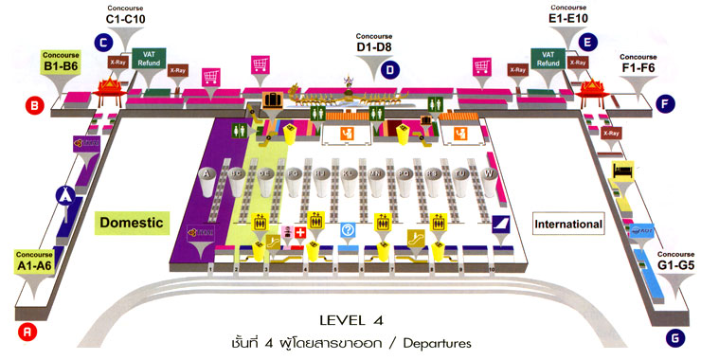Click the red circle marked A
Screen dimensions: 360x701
(x=27, y=331)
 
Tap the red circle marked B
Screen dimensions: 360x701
(x=34, y=107)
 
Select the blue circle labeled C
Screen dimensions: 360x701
(x=102, y=42)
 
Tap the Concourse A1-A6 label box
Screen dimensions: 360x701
(x=38, y=261)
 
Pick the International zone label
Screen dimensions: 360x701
(x=568, y=225)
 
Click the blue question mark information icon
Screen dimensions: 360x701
(x=348, y=230)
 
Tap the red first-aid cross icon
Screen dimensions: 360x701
(x=301, y=232)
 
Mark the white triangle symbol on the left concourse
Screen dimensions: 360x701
(x=65, y=195)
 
